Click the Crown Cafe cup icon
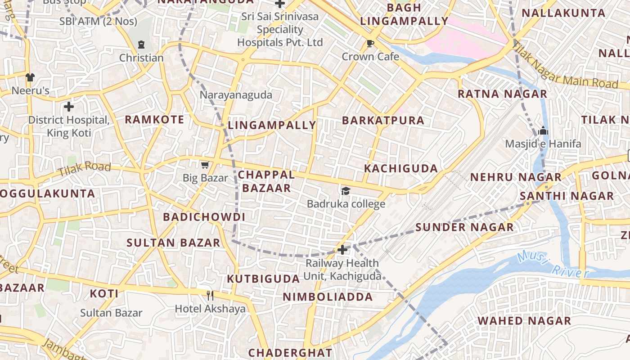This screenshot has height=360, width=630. point(370,43)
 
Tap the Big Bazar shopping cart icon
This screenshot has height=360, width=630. point(205,165)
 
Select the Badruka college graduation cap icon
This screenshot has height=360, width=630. point(346,191)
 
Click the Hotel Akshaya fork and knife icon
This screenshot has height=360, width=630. point(210,295)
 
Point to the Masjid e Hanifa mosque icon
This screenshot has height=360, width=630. point(543,130)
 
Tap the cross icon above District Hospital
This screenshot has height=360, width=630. point(68,107)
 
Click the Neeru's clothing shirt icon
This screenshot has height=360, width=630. point(30,77)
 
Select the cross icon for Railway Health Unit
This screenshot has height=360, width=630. point(342,249)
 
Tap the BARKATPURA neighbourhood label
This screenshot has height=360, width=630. point(383,121)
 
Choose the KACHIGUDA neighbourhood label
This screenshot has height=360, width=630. point(400,169)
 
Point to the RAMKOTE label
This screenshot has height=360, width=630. point(154,120)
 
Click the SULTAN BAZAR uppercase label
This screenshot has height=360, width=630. point(173,243)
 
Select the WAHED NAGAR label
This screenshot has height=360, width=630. point(524,321)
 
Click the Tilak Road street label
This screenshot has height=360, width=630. point(84,169)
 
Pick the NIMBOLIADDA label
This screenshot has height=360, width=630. point(328,297)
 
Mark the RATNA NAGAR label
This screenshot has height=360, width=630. point(502,94)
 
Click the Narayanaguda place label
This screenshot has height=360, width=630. point(236,95)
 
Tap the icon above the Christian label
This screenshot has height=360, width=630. point(141,45)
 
